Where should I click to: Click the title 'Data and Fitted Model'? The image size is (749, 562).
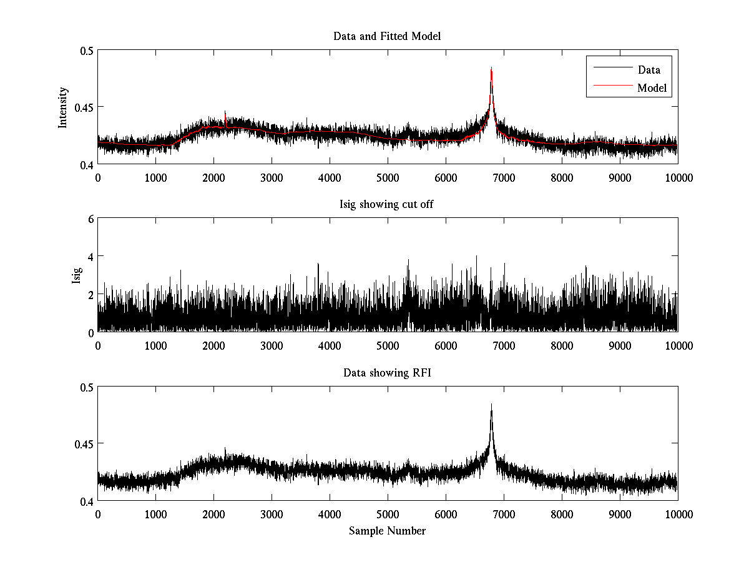(x=387, y=36)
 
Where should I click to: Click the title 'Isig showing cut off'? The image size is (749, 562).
(x=387, y=205)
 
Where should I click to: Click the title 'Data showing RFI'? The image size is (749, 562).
(x=387, y=373)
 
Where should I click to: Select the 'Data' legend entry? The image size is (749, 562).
(x=649, y=70)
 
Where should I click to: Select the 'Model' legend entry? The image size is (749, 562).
(x=652, y=88)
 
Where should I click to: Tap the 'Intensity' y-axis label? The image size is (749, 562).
(x=63, y=107)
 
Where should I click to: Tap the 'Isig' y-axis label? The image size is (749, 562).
(x=76, y=275)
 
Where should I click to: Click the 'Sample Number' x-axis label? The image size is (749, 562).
(x=387, y=531)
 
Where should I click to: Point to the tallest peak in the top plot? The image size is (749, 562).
(x=491, y=68)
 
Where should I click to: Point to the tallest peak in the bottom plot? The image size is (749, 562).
(x=491, y=405)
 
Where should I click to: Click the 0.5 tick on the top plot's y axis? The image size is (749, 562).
(x=85, y=51)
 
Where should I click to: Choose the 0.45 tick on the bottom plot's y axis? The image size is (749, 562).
(x=82, y=444)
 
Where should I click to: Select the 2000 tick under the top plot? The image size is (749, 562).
(x=213, y=177)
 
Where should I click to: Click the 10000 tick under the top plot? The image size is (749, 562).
(x=678, y=177)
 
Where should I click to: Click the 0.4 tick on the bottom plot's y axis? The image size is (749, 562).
(x=85, y=501)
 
